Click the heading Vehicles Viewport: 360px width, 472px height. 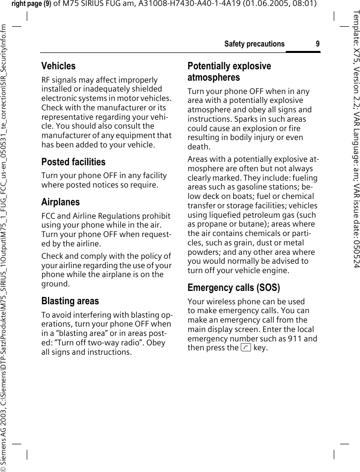pos(58,66)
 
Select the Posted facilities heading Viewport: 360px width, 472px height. pos(73,162)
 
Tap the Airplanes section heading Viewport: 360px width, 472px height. pos(60,202)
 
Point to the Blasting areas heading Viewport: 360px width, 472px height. pos(70,301)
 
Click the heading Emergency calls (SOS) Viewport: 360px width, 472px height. pos(234,287)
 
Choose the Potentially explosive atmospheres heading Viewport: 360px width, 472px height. pos(229,72)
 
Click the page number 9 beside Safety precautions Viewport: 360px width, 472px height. pos(317,44)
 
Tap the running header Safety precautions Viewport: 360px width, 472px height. pos(254,44)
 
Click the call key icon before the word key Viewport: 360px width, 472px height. pos(246,348)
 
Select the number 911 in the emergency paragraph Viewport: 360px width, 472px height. pos(295,339)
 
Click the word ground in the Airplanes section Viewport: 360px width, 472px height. pos(54,284)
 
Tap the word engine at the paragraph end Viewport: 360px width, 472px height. pos(275,271)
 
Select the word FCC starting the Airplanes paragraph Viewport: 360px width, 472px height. pos(49,216)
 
